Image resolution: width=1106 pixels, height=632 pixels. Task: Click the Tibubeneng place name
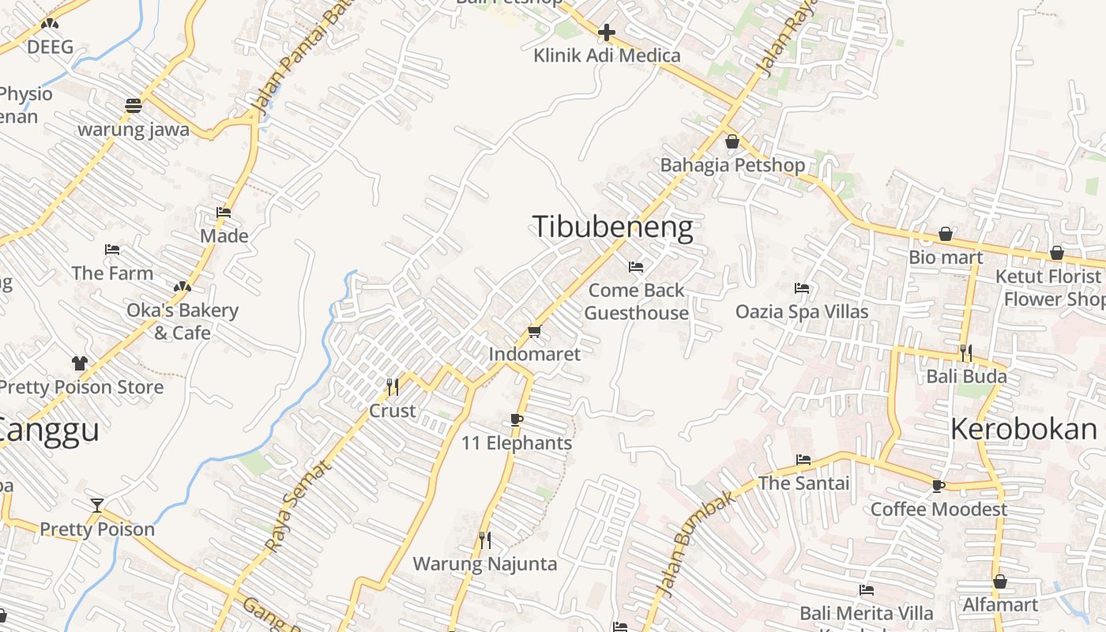click(x=612, y=227)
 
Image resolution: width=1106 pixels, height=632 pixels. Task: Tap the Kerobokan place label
click(x=1024, y=429)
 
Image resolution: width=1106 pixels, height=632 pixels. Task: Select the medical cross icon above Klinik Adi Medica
click(x=607, y=32)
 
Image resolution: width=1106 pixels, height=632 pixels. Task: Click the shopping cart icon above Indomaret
click(x=535, y=331)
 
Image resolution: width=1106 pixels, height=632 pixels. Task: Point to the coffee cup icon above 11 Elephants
click(x=517, y=419)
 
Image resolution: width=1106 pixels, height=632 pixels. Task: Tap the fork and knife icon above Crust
click(x=392, y=386)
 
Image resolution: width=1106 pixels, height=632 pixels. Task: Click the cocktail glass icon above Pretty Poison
click(x=96, y=505)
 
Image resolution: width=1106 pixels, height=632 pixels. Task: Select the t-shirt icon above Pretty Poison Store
click(x=80, y=363)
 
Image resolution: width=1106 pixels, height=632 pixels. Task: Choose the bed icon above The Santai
click(x=803, y=459)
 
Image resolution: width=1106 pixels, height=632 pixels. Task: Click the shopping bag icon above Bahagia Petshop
click(x=732, y=141)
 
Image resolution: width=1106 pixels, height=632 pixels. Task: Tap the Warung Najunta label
click(x=485, y=564)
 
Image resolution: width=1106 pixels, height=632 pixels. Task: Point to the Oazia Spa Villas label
click(x=802, y=311)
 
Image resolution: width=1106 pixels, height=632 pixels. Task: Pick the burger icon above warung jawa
click(x=133, y=106)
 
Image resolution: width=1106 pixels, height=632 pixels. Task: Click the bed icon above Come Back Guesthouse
click(x=636, y=267)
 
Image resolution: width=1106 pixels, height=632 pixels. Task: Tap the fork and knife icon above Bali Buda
click(x=965, y=352)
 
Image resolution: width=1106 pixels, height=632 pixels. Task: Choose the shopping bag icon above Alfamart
click(x=1000, y=581)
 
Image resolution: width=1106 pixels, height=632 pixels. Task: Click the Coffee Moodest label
click(x=939, y=509)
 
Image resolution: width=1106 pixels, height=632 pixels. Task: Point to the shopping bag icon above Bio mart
click(x=946, y=234)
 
